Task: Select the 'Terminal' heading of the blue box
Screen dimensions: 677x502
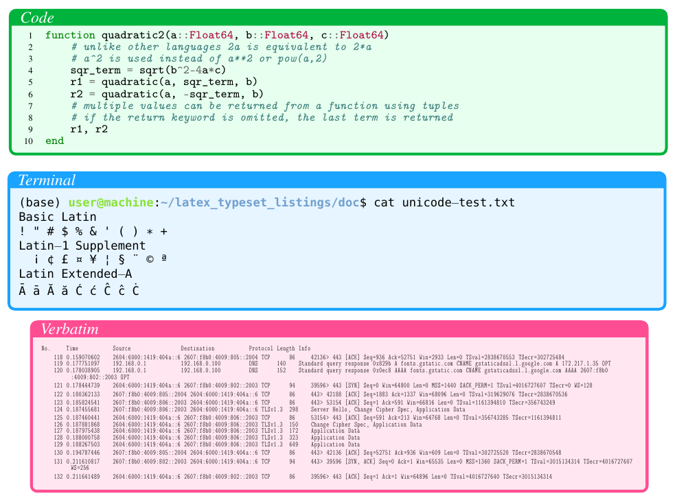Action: [x=47, y=180]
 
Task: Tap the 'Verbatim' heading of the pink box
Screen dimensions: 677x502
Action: [x=69, y=329]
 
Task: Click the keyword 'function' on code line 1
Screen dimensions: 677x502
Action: [x=70, y=35]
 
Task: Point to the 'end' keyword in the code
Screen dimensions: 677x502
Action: [x=54, y=141]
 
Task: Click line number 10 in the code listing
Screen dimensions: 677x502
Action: [x=28, y=141]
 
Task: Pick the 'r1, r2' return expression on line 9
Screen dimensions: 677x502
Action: [x=89, y=129]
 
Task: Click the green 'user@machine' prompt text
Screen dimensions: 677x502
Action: [x=110, y=202]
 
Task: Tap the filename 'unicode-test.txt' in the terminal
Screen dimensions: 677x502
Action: [x=458, y=202]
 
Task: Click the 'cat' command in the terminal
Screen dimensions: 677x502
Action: [x=385, y=202]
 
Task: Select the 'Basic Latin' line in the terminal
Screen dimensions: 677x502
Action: [x=58, y=217]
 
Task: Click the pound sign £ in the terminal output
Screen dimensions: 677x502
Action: [x=64, y=260]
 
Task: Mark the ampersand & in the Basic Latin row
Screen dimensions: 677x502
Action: [x=93, y=231]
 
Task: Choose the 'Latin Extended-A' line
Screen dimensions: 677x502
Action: [x=76, y=274]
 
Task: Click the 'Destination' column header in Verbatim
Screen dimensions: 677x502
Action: [x=198, y=348]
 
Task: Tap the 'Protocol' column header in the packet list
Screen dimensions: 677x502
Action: [x=261, y=348]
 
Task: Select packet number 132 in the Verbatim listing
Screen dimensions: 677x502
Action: [x=58, y=476]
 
